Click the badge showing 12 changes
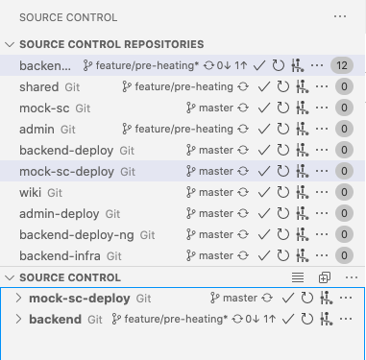pos(341,65)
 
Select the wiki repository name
pos(33,192)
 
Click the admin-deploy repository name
pos(61,213)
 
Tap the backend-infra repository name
pos(62,255)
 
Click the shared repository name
pos(39,86)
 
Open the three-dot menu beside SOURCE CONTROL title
pos(338,16)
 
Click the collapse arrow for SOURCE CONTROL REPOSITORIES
pos(10,44)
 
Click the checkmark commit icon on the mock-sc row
pos(264,108)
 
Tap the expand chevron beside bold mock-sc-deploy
pos(18,298)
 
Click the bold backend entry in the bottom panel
pos(56,318)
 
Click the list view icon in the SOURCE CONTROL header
pos(297,276)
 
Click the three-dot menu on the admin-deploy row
pos(320,213)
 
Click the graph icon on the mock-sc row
pos(302,108)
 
